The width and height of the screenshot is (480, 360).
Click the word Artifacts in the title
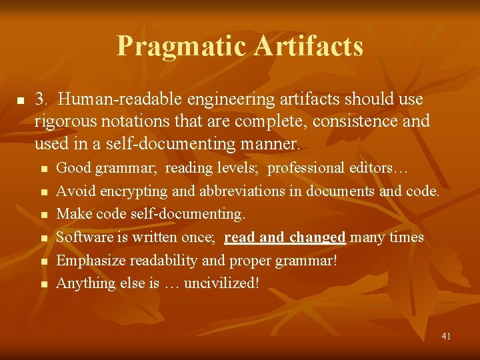point(309,46)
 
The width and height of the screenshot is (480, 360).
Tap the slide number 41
point(446,336)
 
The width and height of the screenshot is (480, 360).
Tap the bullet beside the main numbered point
point(21,101)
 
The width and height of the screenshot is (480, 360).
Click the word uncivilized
point(220,283)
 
